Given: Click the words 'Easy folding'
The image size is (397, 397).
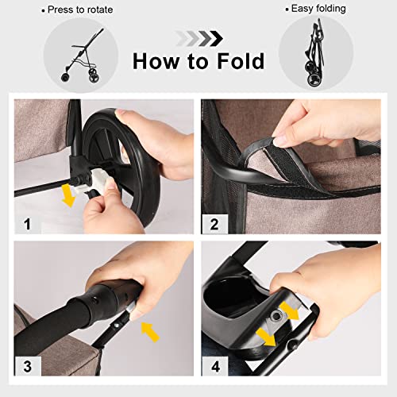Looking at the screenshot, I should tap(317, 10).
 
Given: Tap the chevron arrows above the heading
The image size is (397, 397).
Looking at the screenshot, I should tap(198, 37).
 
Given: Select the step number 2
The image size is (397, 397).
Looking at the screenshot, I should tap(213, 224).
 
